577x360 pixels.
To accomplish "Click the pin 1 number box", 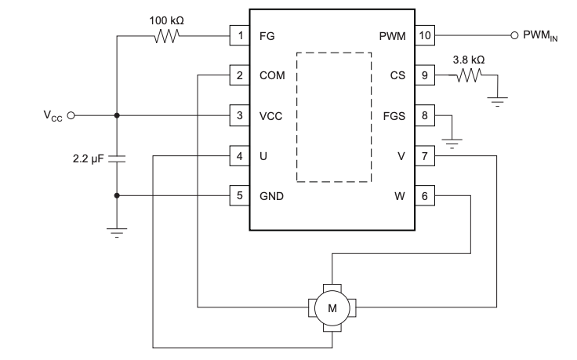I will [x=238, y=35].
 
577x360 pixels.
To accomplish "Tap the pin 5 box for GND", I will [x=238, y=195].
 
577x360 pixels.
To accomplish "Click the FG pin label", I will [x=267, y=35].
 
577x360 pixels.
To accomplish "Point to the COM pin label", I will [x=271, y=76].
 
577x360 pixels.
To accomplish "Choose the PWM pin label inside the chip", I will [x=392, y=35].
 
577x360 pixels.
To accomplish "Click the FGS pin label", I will [x=394, y=115].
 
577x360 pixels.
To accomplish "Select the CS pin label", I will [x=397, y=76].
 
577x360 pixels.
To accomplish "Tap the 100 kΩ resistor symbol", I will [x=167, y=35].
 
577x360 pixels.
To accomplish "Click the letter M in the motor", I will [x=332, y=307].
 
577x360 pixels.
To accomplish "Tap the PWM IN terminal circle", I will [x=515, y=35].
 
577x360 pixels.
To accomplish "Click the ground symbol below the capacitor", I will [x=117, y=230].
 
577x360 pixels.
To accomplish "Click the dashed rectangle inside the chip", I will [x=334, y=117].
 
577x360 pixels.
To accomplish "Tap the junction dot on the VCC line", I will [x=117, y=115].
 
